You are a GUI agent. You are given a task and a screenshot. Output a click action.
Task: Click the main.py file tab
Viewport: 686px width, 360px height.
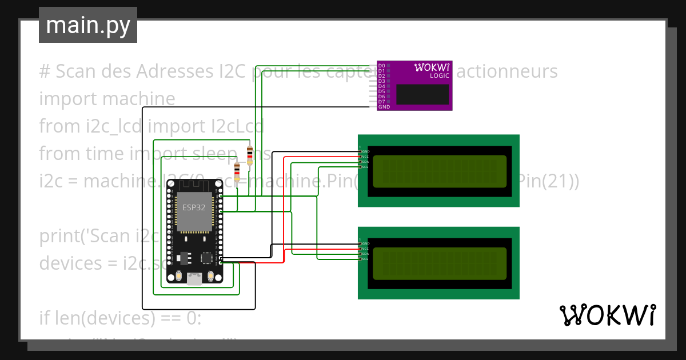87,25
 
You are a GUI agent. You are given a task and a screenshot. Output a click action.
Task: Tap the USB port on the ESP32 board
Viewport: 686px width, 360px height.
195,278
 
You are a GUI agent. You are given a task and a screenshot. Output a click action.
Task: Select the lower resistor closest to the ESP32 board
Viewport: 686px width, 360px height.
237,171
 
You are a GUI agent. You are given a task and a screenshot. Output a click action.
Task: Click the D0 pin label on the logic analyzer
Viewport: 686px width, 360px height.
382,66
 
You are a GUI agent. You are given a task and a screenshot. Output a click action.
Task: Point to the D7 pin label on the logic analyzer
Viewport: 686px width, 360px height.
382,102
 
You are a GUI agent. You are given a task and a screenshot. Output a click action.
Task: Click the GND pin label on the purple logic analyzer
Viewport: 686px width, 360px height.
384,107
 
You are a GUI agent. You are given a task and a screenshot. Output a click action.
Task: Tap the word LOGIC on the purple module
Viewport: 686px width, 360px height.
439,75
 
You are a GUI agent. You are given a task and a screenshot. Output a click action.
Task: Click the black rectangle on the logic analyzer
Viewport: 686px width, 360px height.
422,94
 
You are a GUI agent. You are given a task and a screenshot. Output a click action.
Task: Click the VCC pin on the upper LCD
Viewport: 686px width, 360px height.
365,157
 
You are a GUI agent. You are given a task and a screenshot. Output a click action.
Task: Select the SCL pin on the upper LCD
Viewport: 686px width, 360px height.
365,167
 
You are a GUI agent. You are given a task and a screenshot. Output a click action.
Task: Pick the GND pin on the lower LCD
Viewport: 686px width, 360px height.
365,244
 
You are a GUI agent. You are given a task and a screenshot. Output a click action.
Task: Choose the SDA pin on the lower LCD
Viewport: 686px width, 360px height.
365,254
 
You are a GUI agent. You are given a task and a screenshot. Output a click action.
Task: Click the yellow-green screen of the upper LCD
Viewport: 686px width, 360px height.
439,171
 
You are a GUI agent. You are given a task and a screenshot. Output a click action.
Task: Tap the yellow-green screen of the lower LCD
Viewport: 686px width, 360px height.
439,264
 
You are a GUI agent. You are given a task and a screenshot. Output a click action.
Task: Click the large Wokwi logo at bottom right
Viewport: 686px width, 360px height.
608,315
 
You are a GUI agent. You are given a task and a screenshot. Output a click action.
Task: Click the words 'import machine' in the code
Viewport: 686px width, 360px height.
107,99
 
